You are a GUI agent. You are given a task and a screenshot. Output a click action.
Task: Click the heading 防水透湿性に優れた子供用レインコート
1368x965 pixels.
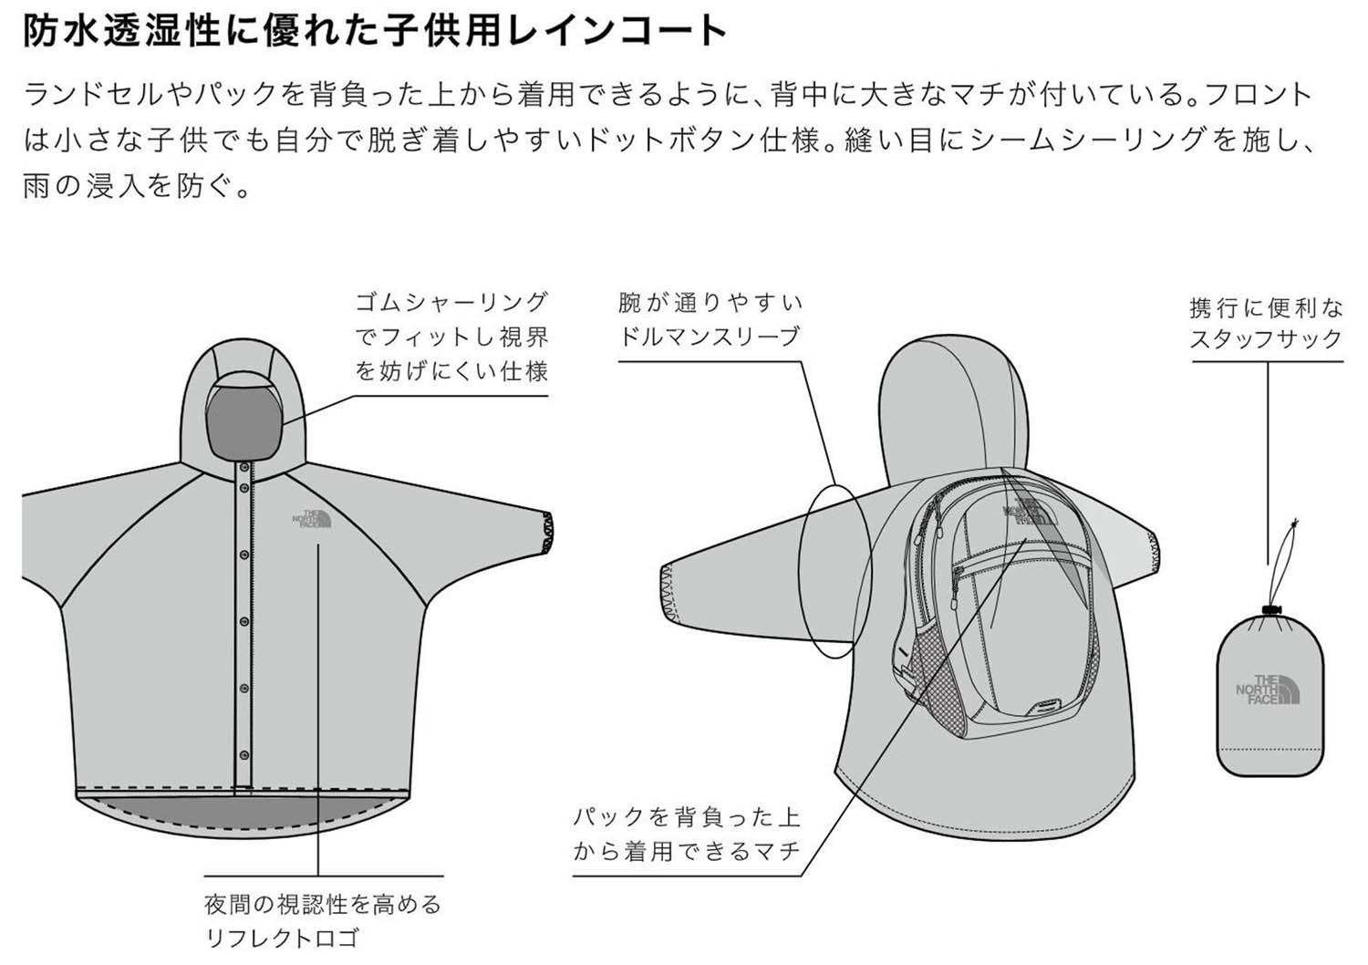pyautogui.click(x=374, y=31)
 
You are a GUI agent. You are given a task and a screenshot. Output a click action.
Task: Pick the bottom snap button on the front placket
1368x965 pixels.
pyautogui.click(x=244, y=753)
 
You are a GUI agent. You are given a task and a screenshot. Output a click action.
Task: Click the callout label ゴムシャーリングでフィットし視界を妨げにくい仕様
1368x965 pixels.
pyautogui.click(x=451, y=337)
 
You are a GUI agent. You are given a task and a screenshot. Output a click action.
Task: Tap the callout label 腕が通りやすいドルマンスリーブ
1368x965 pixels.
pyautogui.click(x=710, y=319)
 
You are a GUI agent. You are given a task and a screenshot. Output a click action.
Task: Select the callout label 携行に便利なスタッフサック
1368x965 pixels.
pyautogui.click(x=1266, y=323)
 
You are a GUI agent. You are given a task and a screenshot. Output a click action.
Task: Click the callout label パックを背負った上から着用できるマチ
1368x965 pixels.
pyautogui.click(x=687, y=834)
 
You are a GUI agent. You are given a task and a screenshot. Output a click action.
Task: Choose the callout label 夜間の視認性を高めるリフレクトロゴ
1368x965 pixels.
pyautogui.click(x=322, y=920)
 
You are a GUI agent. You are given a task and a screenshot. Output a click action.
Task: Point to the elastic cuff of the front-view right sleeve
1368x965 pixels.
pyautogui.click(x=544, y=534)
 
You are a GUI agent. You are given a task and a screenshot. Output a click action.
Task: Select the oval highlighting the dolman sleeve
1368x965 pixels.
pyautogui.click(x=834, y=570)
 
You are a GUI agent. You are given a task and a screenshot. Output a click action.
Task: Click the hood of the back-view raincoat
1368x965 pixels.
pyautogui.click(x=948, y=401)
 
